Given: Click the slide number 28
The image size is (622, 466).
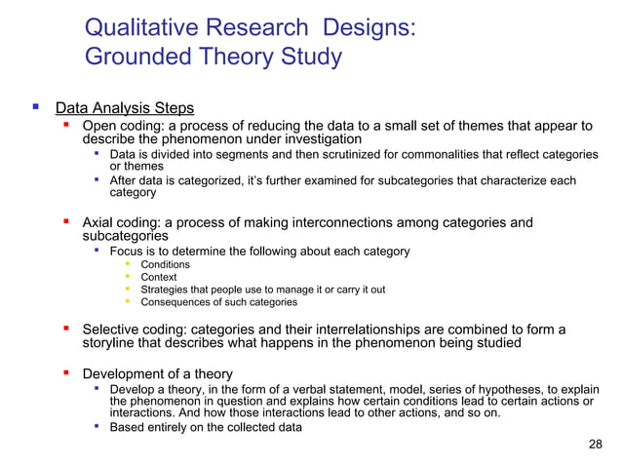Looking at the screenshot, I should coord(597,445).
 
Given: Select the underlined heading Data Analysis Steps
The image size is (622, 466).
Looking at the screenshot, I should coord(124,108).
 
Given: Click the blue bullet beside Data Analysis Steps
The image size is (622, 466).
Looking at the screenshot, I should coord(35,107).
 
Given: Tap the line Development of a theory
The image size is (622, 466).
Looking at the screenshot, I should coord(157,374).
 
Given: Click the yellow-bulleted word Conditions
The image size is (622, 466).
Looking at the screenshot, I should coord(165,265).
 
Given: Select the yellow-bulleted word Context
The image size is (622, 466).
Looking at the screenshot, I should coord(159,278).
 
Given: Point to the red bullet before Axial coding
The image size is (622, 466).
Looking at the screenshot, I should coord(66,223).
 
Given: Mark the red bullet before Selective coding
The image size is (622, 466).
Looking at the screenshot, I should coord(66,330).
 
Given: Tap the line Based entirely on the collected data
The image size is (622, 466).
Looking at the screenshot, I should coord(205,426).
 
